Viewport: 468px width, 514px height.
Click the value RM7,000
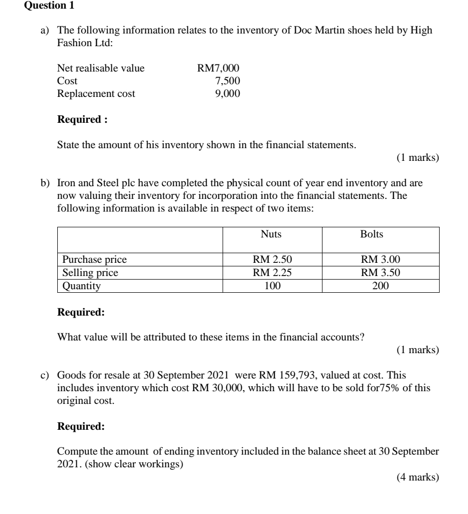218,68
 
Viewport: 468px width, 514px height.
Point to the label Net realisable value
101,68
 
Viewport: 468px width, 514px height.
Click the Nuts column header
271,234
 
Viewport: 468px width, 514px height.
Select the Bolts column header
372,234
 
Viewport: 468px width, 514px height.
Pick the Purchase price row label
94,260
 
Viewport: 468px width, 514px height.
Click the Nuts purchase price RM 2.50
272,260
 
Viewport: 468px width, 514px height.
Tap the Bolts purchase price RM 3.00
380,260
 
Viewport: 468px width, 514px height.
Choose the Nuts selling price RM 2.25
272,273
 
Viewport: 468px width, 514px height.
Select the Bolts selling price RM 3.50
380,273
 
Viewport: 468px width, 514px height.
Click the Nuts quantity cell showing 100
272,286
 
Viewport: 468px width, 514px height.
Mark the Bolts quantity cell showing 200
380,286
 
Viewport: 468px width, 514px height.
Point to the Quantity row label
81,286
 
